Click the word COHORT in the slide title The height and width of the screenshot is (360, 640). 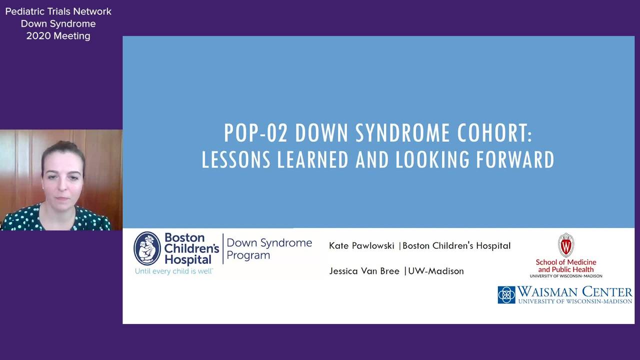[x=495, y=133]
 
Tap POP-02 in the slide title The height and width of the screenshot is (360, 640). [x=255, y=133]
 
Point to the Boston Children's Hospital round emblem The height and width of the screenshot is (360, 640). [x=147, y=248]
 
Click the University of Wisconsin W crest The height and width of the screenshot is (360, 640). [x=566, y=245]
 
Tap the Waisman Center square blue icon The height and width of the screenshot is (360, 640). [x=506, y=295]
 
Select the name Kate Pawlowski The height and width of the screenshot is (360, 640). [x=361, y=245]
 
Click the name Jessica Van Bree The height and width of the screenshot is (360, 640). [x=364, y=271]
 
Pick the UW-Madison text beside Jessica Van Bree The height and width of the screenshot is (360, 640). [x=436, y=271]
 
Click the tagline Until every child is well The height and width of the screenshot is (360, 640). [x=174, y=271]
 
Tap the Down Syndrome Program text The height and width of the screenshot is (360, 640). [x=269, y=248]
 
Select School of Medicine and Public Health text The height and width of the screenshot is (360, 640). [x=566, y=265]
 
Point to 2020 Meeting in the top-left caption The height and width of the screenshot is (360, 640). [x=58, y=36]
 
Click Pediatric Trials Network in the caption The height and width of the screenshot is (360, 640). [x=58, y=11]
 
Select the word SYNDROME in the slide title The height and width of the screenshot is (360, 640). [x=402, y=133]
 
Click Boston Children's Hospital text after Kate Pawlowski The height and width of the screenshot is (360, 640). [x=456, y=245]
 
